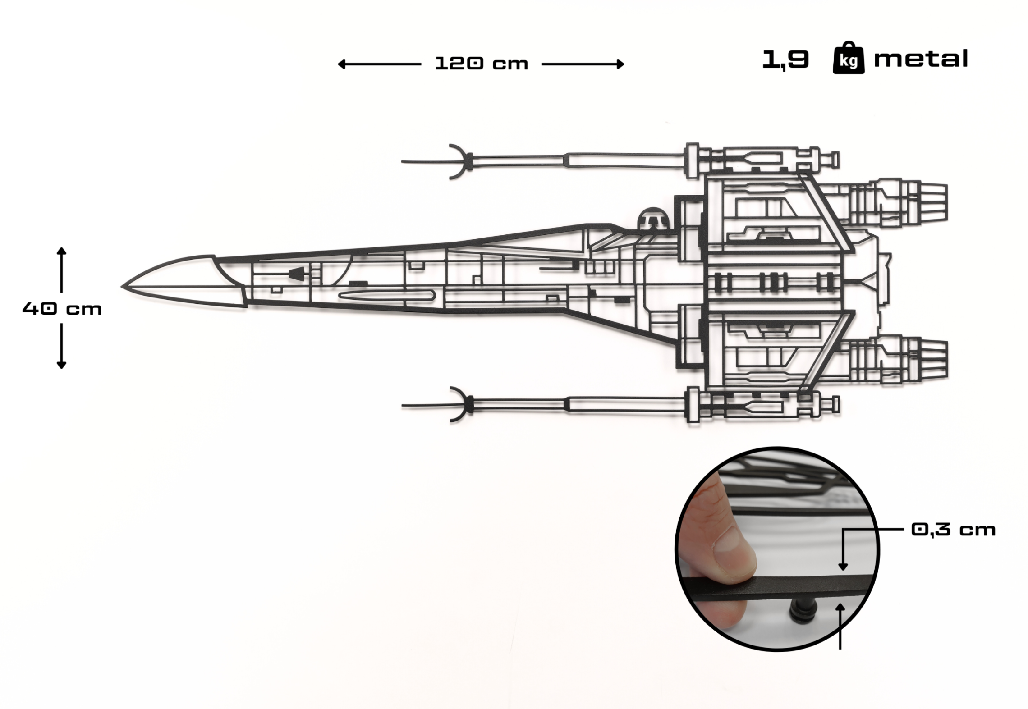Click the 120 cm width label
pyautogui.click(x=481, y=64)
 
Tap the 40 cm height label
pyautogui.click(x=62, y=309)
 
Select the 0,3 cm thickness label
pyautogui.click(x=953, y=530)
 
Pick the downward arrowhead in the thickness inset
pyautogui.click(x=843, y=567)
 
